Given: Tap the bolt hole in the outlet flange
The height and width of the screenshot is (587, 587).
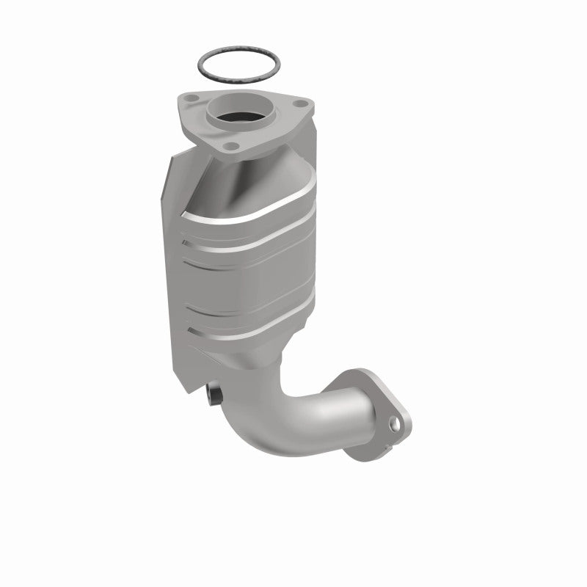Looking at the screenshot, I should (396, 423).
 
